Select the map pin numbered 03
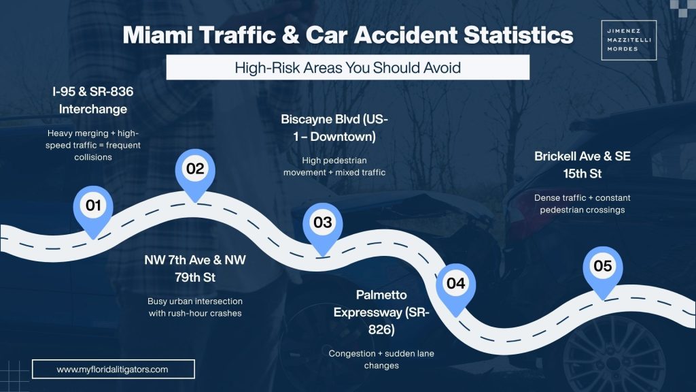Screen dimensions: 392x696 point(322,223)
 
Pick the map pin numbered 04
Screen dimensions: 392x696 point(455,284)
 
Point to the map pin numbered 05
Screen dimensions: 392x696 point(603,267)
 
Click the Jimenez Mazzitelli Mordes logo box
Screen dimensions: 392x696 point(629,40)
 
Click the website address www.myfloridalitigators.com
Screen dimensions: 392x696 point(113,369)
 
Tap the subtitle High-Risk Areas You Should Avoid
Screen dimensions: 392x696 point(347,67)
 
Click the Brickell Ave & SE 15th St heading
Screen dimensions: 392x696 point(582,165)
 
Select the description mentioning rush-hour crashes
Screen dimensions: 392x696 point(195,307)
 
